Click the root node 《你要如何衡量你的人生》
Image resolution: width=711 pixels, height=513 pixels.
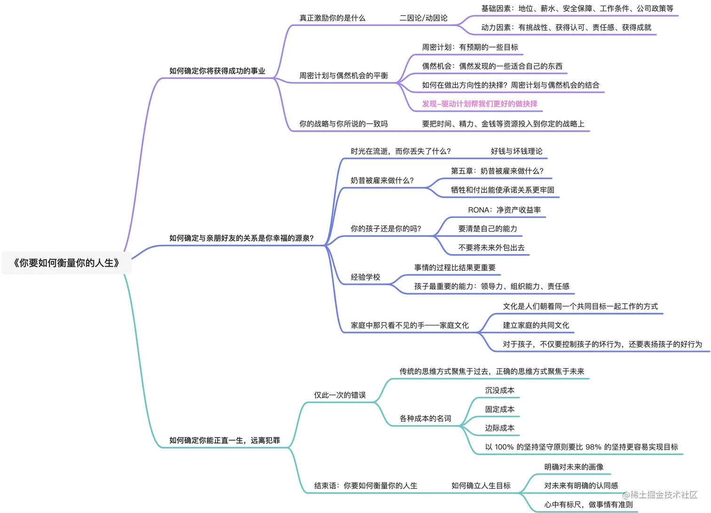tap(66, 263)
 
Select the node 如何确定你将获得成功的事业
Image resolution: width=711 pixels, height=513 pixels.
tap(217, 71)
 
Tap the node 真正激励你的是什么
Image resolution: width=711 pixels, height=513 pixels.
tap(332, 18)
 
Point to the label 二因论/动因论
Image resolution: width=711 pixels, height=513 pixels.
tap(423, 18)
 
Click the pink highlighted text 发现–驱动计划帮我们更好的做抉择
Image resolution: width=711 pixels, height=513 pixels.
tap(480, 104)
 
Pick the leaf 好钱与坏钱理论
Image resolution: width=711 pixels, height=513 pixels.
tap(516, 151)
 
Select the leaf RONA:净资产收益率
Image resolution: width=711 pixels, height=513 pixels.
tap(504, 210)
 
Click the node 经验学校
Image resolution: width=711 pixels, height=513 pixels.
tap(365, 277)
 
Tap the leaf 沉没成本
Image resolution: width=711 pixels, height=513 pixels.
tap(499, 391)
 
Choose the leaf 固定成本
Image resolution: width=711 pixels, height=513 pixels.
tap(499, 410)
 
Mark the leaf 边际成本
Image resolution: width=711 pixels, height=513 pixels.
tap(499, 428)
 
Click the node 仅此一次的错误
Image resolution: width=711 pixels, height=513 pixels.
tap(340, 395)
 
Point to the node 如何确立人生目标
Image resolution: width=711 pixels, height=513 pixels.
tap(481, 486)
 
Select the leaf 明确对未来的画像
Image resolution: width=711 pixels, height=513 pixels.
tap(574, 467)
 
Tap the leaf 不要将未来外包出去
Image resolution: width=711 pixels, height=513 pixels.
tap(491, 248)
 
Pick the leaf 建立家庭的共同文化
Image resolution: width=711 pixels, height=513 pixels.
tap(536, 325)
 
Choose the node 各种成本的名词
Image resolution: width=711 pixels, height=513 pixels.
tap(425, 418)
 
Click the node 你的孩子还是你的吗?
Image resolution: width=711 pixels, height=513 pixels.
tap(386, 229)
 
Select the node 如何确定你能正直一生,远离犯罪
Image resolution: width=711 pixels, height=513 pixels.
tap(224, 441)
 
